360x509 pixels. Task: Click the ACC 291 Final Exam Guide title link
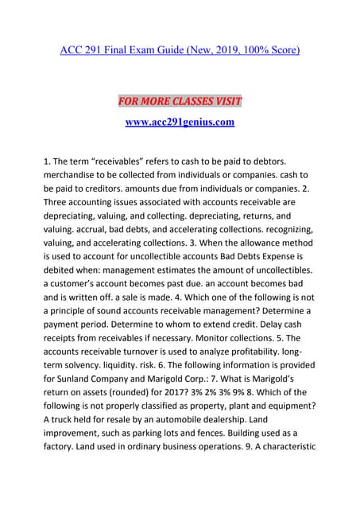(180, 51)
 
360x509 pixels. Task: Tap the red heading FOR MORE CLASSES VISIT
(180, 101)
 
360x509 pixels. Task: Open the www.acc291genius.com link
(180, 122)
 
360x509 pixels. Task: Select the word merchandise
(75, 177)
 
